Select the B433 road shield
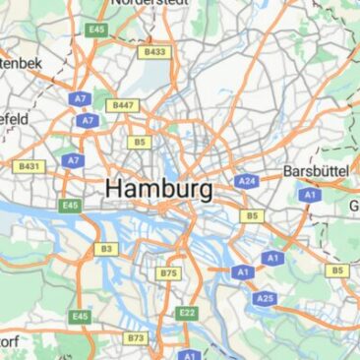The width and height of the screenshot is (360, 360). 155,51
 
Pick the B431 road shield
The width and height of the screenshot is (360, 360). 30,166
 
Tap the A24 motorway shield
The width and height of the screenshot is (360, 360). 246,181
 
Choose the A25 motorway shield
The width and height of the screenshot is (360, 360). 264,298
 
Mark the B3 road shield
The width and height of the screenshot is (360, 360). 105,249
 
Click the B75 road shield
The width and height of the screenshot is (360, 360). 169,272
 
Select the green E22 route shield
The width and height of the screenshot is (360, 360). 187,313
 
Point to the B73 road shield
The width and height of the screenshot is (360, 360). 136,337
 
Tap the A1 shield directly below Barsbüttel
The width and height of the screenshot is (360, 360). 310,195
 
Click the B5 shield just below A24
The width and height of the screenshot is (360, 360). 254,215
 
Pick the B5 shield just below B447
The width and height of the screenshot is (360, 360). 140,143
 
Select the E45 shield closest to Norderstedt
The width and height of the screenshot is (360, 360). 95,30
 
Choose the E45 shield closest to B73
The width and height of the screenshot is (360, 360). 81,317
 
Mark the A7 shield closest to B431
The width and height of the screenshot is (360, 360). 72,159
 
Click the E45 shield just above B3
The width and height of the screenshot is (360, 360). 69,206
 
